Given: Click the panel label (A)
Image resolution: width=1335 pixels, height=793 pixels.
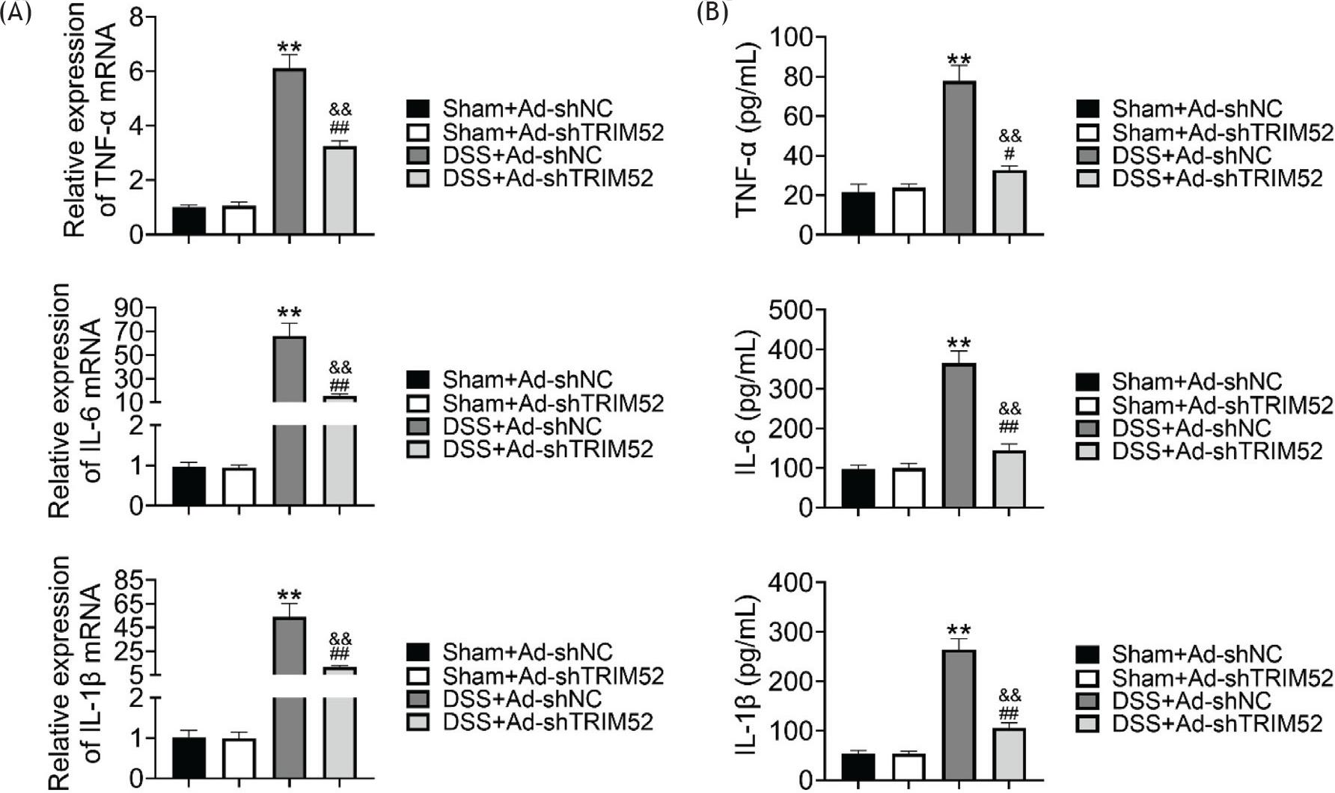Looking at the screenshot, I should tap(16, 13).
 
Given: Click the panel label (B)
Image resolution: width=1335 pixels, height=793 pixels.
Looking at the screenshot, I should tap(712, 13).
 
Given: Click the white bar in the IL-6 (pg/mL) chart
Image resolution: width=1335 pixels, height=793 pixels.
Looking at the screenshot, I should tap(908, 488).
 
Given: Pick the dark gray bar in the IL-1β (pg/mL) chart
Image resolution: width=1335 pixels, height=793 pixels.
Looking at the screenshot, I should tap(959, 715).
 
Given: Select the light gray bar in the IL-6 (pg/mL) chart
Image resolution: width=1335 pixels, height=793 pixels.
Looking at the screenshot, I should tap(1009, 479).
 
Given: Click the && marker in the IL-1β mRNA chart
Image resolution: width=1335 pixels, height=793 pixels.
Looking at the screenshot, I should tap(340, 639).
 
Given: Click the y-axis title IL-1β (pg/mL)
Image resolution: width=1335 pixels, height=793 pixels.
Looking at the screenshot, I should tap(748, 685).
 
